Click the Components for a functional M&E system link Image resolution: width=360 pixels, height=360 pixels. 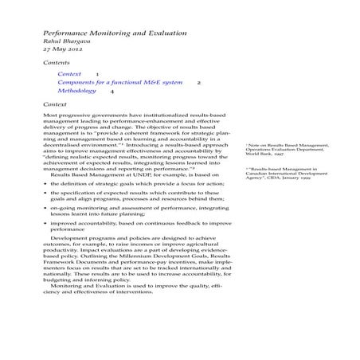pos(119,82)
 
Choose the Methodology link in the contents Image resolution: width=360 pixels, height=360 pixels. pos(79,91)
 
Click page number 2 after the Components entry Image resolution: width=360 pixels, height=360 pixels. pos(198,82)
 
